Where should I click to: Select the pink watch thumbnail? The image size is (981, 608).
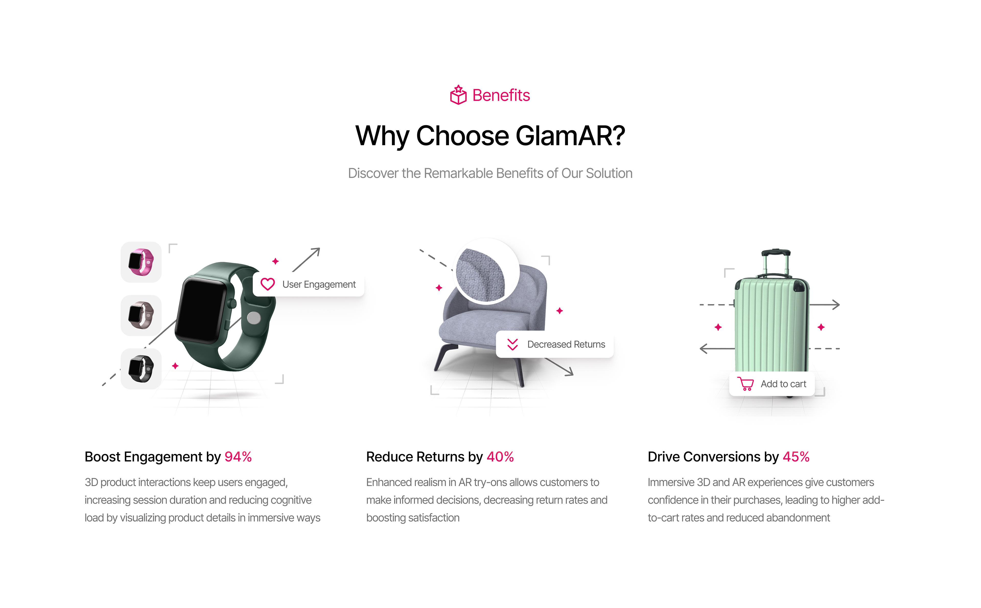click(x=141, y=262)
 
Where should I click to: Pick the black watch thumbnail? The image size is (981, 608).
click(x=141, y=369)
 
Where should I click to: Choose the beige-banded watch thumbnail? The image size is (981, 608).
click(x=141, y=315)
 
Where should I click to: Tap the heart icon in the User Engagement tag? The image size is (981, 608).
click(x=268, y=284)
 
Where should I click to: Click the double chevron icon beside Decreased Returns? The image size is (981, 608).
click(x=512, y=344)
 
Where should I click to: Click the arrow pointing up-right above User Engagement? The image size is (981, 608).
click(x=306, y=260)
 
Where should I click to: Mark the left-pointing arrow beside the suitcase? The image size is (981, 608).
click(x=717, y=348)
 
